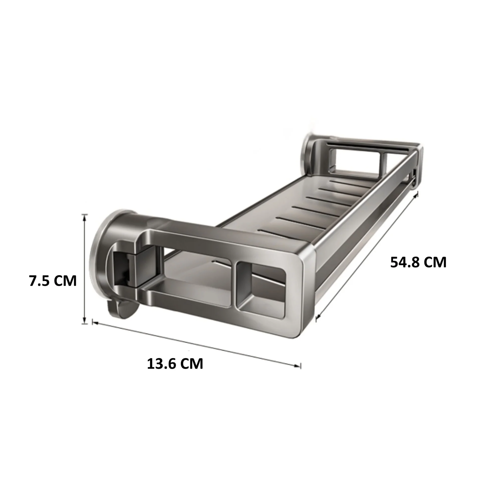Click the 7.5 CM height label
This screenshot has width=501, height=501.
[x=53, y=281]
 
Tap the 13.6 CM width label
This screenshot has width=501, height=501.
[x=175, y=364]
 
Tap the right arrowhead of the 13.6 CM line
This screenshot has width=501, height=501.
[x=298, y=365]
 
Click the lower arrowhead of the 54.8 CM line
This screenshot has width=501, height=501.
[x=318, y=317]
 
